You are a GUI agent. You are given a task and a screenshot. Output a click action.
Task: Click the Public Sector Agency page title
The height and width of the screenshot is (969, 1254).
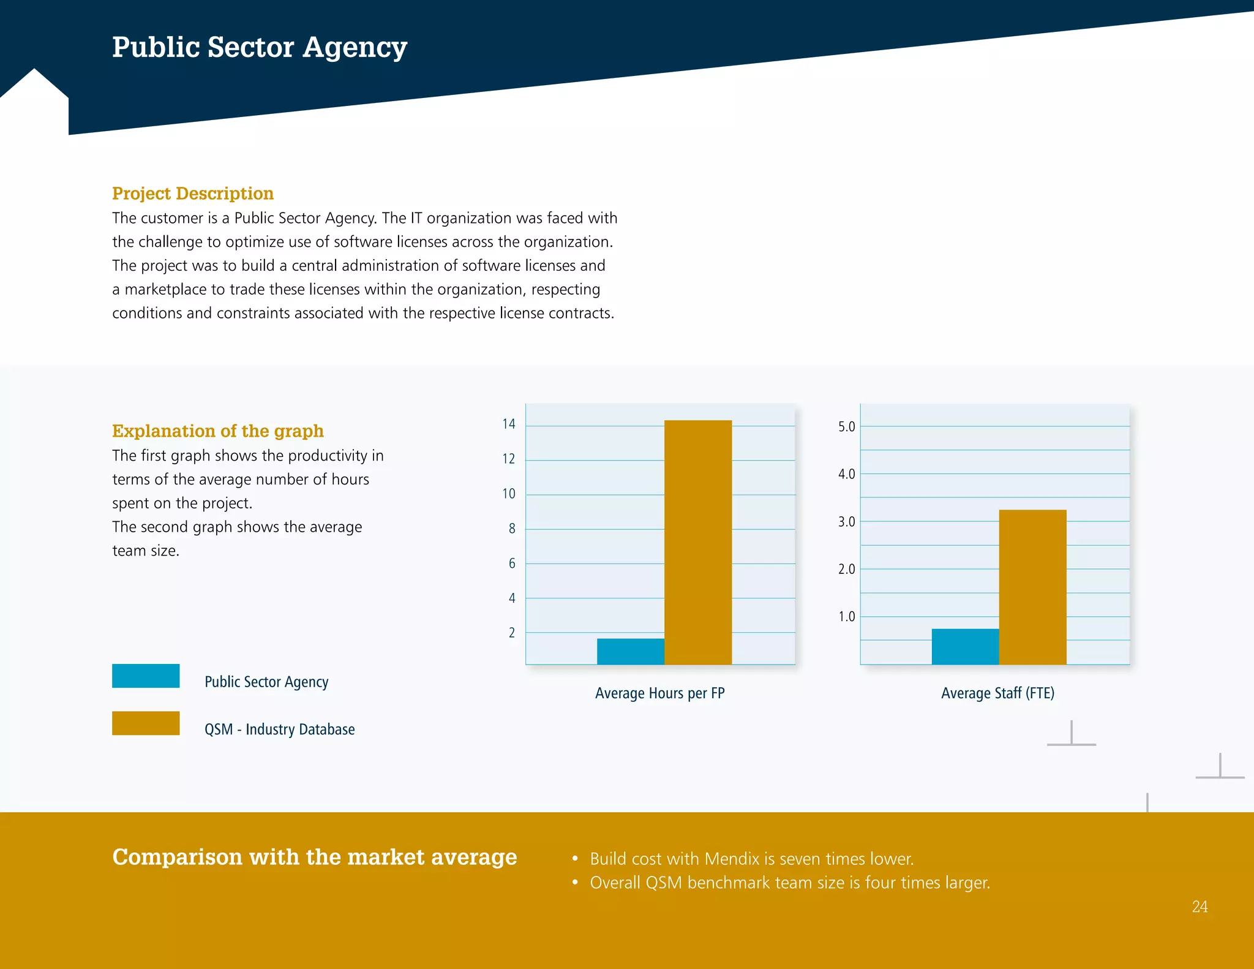[260, 48]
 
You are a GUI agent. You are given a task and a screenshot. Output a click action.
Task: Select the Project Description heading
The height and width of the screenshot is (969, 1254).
[193, 194]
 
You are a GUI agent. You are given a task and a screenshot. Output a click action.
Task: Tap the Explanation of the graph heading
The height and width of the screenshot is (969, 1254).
[218, 431]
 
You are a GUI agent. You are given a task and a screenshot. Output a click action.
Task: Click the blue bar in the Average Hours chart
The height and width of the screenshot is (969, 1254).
[631, 652]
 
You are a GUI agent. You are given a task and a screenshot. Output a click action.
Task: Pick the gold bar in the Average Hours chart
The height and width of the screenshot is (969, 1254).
[698, 542]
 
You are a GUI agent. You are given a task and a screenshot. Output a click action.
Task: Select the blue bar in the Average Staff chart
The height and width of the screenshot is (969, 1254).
[965, 647]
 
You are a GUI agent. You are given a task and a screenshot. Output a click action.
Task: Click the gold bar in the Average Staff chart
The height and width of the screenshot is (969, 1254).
[1032, 587]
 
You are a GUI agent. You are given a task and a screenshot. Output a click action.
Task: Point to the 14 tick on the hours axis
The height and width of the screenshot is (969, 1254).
[509, 424]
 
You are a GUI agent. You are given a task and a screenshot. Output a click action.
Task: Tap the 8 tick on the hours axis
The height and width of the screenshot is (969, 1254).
[512, 529]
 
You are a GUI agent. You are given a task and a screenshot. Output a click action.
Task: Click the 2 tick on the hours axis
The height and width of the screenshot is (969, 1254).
[512, 633]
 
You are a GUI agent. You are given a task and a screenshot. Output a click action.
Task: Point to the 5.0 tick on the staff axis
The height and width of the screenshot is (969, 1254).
[846, 426]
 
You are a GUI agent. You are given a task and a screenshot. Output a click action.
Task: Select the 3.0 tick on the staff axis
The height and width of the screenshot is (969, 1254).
[846, 522]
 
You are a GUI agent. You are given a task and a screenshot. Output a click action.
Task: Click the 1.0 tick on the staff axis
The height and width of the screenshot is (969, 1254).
[846, 617]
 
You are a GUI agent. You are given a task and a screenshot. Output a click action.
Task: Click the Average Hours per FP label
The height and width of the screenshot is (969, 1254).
[659, 693]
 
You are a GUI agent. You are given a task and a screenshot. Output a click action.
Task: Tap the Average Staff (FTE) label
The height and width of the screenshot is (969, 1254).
[997, 693]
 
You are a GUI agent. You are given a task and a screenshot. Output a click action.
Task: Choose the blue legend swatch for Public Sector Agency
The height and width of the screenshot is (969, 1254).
[146, 676]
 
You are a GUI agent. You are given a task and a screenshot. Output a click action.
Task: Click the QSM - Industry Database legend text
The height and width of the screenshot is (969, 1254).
[279, 730]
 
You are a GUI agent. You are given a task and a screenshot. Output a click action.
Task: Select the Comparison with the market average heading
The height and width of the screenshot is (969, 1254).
[315, 857]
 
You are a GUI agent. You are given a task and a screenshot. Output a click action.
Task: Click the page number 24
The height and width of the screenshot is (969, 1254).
[1200, 907]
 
